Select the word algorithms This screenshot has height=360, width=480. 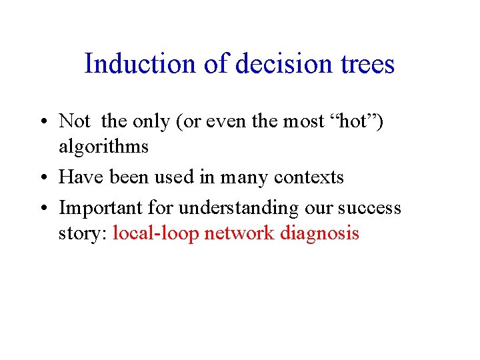[x=103, y=147]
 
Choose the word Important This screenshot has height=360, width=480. [x=101, y=208]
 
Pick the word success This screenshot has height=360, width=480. [x=369, y=208]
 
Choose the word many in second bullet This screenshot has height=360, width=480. [x=253, y=177]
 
